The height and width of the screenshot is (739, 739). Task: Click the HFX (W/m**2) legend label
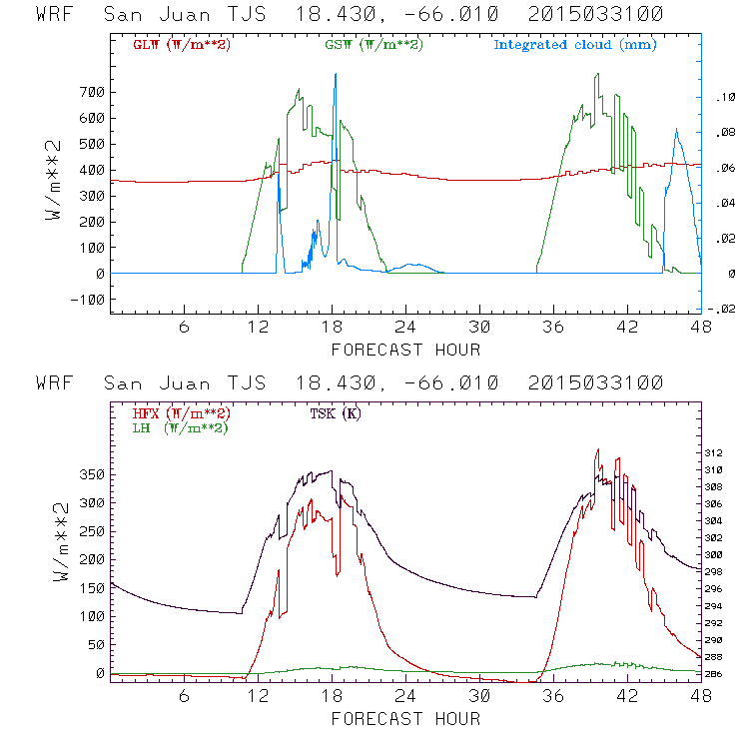coord(175,412)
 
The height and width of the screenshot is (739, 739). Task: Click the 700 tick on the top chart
coord(91,92)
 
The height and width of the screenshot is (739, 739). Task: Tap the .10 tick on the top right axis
coord(721,98)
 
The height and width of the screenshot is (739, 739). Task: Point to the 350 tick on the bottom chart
coord(91,474)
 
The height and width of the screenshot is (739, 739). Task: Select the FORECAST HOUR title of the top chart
coord(405,350)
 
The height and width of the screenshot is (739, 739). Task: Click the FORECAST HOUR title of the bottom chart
coord(405,719)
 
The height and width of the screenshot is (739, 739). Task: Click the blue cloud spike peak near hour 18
coord(336,75)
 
